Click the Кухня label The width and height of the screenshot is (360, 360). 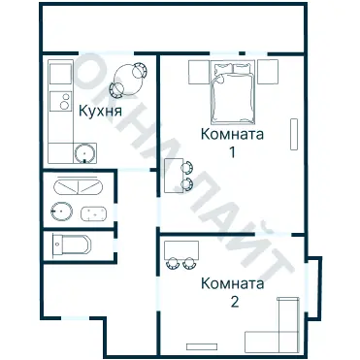coord(101,113)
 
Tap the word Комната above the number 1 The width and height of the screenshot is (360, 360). coord(232,135)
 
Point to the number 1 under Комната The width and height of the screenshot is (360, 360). coord(232,152)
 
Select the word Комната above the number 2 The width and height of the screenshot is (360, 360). coord(232,284)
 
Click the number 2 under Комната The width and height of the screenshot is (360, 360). coord(233,302)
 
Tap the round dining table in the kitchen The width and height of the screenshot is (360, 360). coord(127,77)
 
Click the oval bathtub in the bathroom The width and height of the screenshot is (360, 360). coord(78,187)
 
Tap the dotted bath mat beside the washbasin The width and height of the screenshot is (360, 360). coord(93,213)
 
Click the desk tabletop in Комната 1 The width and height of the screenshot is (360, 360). coord(172,176)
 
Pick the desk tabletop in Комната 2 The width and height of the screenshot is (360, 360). coord(182,246)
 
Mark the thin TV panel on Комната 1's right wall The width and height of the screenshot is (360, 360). coord(294,135)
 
